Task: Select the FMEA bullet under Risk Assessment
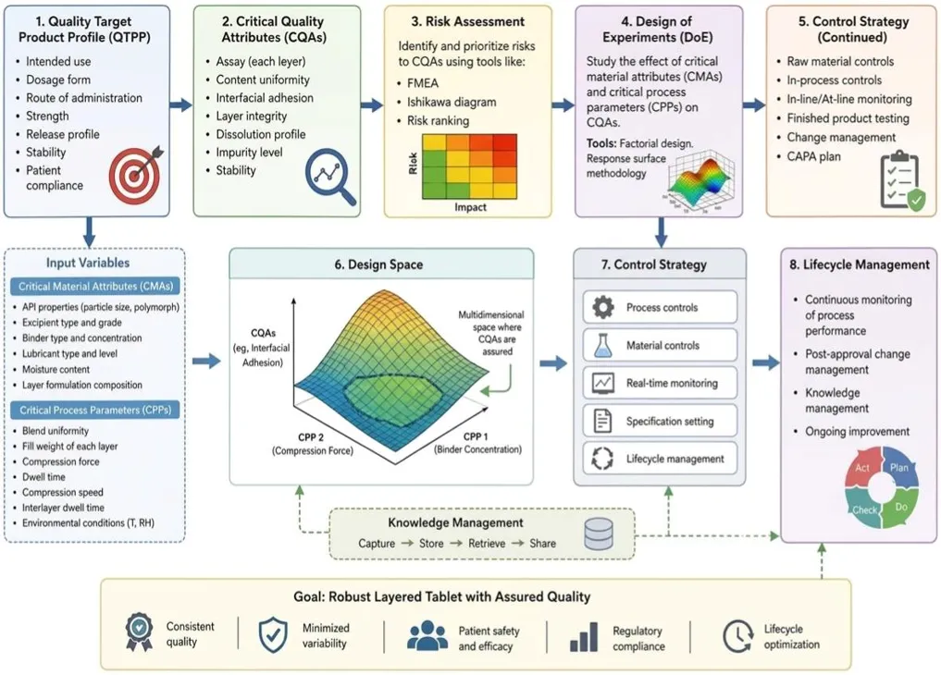(423, 83)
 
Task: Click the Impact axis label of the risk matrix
(470, 207)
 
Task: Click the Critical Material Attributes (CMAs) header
(95, 287)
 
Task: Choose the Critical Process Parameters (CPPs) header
(95, 410)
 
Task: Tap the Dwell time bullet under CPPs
(43, 477)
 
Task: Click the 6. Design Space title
(378, 264)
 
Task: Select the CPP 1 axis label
(476, 436)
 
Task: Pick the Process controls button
(660, 307)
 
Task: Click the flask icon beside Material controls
(602, 345)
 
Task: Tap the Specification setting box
(660, 421)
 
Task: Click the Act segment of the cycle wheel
(861, 468)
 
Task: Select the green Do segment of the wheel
(901, 507)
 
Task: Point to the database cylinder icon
(599, 534)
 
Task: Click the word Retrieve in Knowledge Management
(486, 544)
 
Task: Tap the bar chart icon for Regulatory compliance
(583, 637)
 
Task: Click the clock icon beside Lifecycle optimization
(737, 636)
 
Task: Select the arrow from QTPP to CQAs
(180, 105)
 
